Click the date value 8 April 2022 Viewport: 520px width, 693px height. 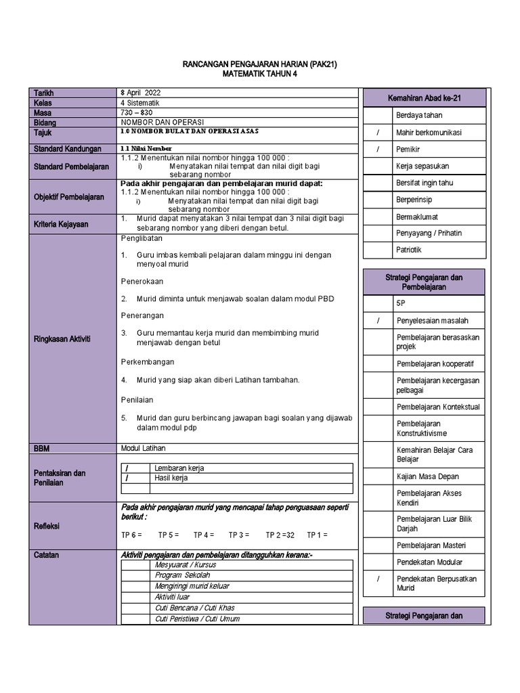140,93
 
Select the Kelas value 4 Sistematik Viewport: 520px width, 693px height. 140,103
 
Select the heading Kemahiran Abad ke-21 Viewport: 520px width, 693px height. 424,99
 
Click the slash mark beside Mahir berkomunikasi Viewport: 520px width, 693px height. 378,133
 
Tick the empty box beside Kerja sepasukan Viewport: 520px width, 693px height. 378,166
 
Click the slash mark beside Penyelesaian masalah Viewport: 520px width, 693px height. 378,321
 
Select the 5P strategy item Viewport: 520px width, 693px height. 402,304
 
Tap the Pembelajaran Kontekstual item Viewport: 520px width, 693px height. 437,407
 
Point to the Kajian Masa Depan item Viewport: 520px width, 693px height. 427,476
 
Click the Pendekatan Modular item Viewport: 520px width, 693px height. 429,562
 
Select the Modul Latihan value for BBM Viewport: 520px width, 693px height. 143,448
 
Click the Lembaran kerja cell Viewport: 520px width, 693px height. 179,468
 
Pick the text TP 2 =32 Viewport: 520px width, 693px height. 280,535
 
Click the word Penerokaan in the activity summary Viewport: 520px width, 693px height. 142,282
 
